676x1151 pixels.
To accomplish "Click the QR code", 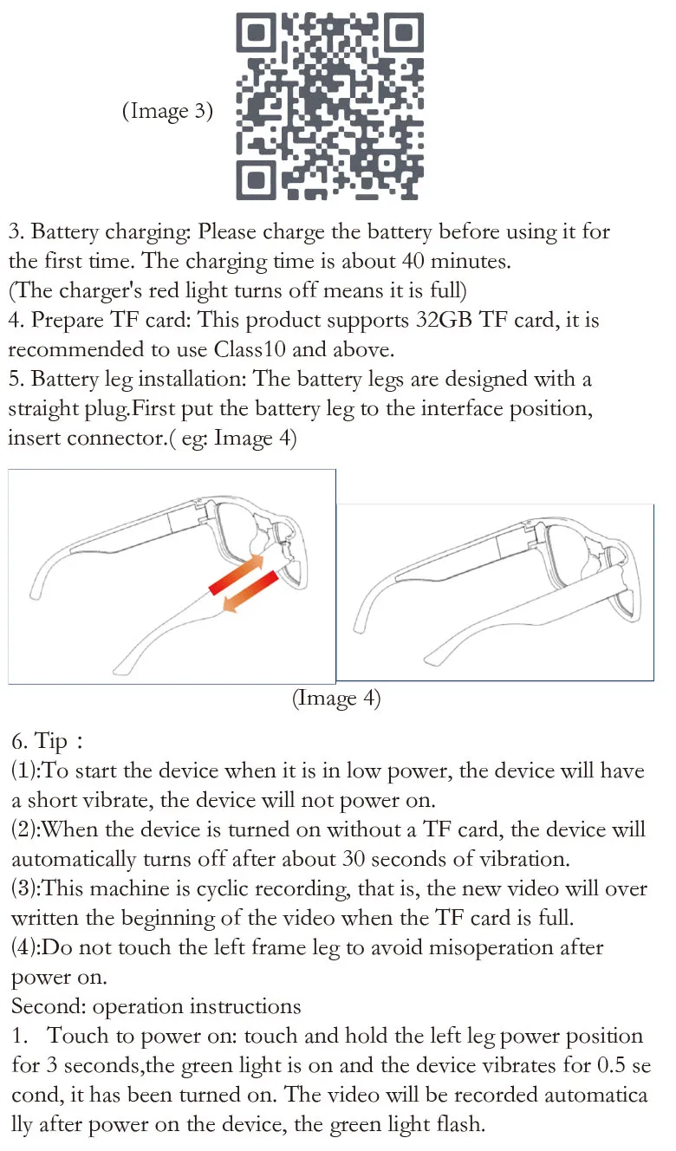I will tap(329, 105).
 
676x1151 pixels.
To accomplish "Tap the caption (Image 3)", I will tap(167, 111).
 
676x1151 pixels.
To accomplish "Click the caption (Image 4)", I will tap(336, 699).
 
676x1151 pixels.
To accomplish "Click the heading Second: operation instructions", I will tap(156, 1007).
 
